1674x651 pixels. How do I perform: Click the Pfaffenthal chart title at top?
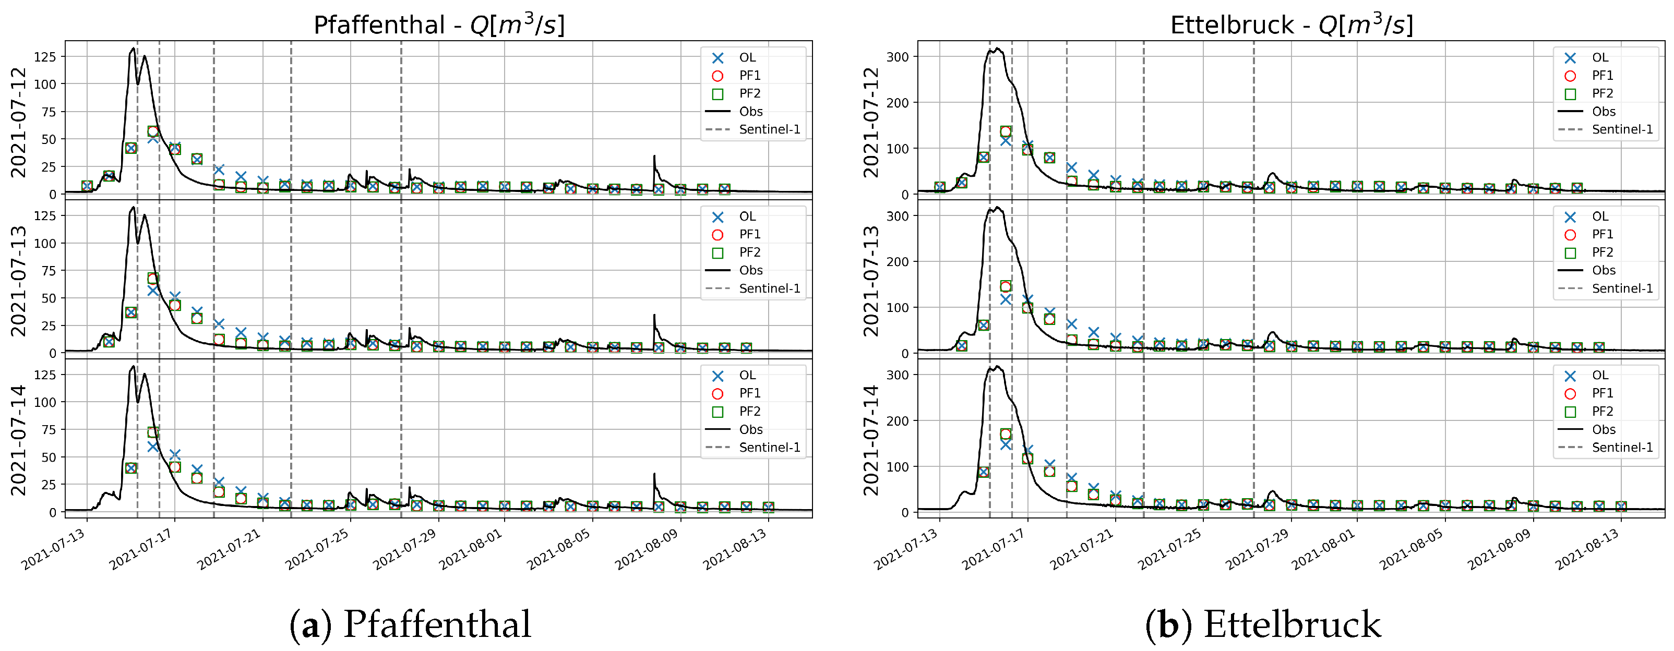pos(439,25)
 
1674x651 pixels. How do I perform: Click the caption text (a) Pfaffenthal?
pos(410,624)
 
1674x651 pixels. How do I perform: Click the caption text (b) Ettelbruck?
pos(1263,624)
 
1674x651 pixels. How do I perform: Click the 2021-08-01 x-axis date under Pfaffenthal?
pos(472,548)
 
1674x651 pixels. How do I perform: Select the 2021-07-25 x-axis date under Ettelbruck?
pos(1170,548)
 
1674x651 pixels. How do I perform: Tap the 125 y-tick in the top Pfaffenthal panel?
pos(45,57)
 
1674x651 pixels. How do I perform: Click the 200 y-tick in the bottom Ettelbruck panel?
pos(898,421)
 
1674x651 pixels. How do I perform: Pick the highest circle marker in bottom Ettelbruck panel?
pos(1006,434)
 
